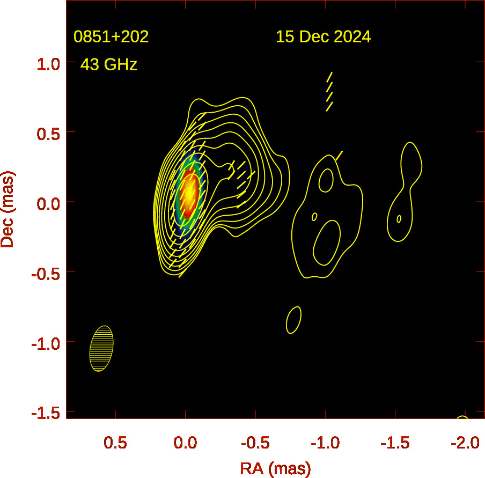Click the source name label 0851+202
pyautogui.click(x=111, y=37)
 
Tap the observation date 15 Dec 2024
pyautogui.click(x=323, y=37)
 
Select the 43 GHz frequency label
pyautogui.click(x=109, y=65)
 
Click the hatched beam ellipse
pyautogui.click(x=101, y=349)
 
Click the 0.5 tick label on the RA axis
pyautogui.click(x=115, y=443)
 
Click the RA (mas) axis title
pyautogui.click(x=275, y=468)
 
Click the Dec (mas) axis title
pyautogui.click(x=8, y=209)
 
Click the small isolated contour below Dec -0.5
pyautogui.click(x=293, y=320)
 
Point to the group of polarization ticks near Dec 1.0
pyautogui.click(x=329, y=92)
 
